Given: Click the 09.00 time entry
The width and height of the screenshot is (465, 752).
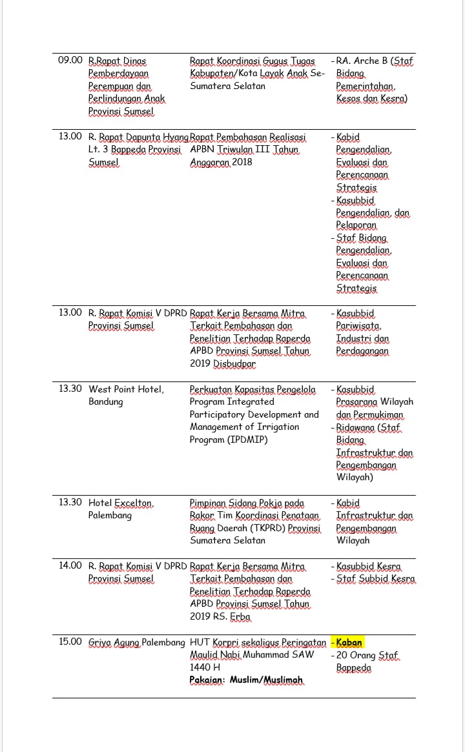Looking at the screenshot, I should [70, 61].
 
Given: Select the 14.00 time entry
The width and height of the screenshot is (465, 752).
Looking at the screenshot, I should [70, 566].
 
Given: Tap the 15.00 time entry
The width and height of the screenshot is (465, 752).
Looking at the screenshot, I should [70, 642].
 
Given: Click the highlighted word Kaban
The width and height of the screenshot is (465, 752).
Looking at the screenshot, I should [349, 642].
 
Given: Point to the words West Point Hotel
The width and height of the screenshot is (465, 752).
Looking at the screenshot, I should [126, 389].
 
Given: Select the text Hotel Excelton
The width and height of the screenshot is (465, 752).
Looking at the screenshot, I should [121, 503].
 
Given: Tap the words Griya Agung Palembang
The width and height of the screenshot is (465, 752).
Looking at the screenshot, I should [137, 642].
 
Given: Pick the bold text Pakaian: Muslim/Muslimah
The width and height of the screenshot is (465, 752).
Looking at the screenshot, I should [246, 680].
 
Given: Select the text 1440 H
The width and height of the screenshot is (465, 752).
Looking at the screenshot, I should [205, 667].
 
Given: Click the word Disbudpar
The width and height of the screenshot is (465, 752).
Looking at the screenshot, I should [234, 363].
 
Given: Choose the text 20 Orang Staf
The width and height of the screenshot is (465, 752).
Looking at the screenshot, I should [367, 655].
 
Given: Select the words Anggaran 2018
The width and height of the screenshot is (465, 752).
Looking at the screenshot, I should [221, 162].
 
